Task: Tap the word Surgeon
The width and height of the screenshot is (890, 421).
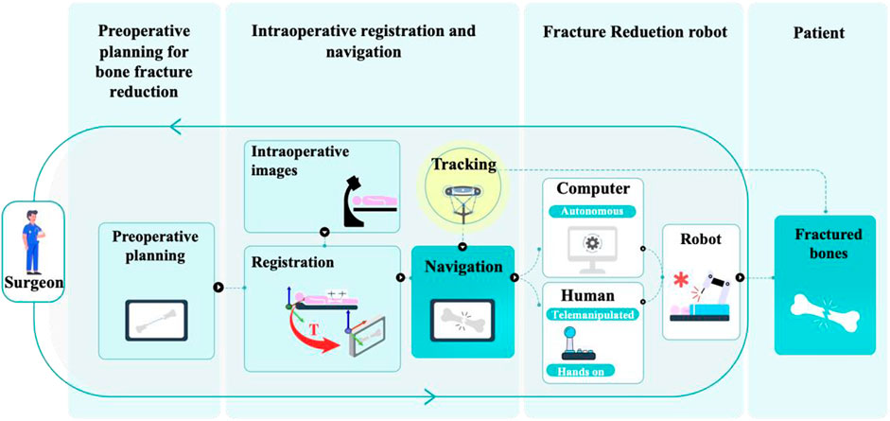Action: pyautogui.click(x=35, y=281)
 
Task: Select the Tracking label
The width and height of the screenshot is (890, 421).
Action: pyautogui.click(x=463, y=164)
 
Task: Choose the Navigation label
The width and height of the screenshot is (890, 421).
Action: pyautogui.click(x=462, y=267)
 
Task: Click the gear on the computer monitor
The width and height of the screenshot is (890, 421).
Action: pyautogui.click(x=592, y=244)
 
